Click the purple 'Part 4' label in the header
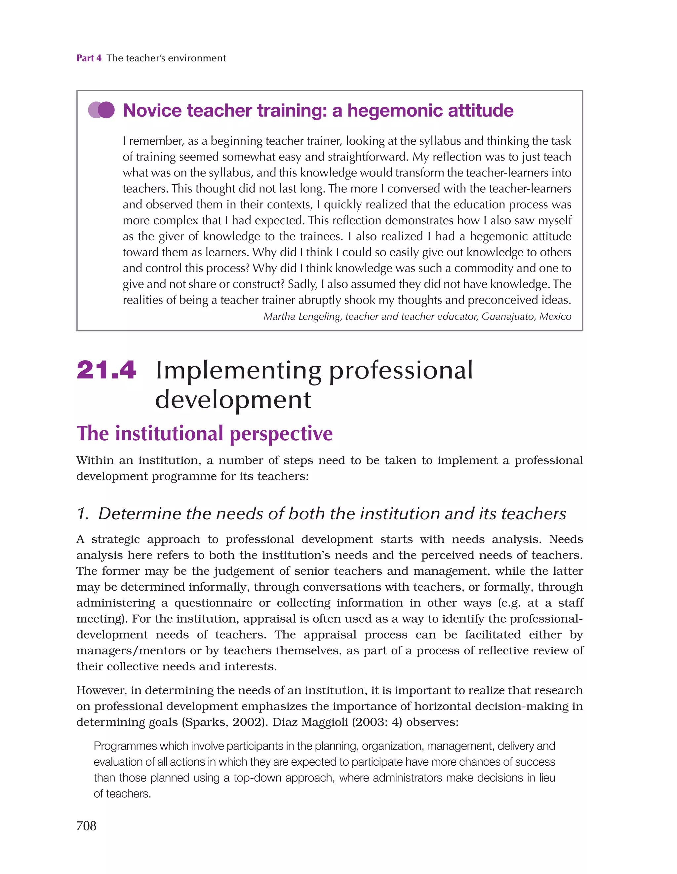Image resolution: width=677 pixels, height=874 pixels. pyautogui.click(x=89, y=58)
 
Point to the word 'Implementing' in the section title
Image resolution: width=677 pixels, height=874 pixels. pyautogui.click(x=238, y=371)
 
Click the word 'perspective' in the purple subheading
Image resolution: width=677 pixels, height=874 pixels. pyautogui.click(x=281, y=433)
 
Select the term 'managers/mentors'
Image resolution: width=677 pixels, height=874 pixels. pyautogui.click(x=131, y=651)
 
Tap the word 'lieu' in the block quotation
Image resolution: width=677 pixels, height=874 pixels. pyautogui.click(x=547, y=778)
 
